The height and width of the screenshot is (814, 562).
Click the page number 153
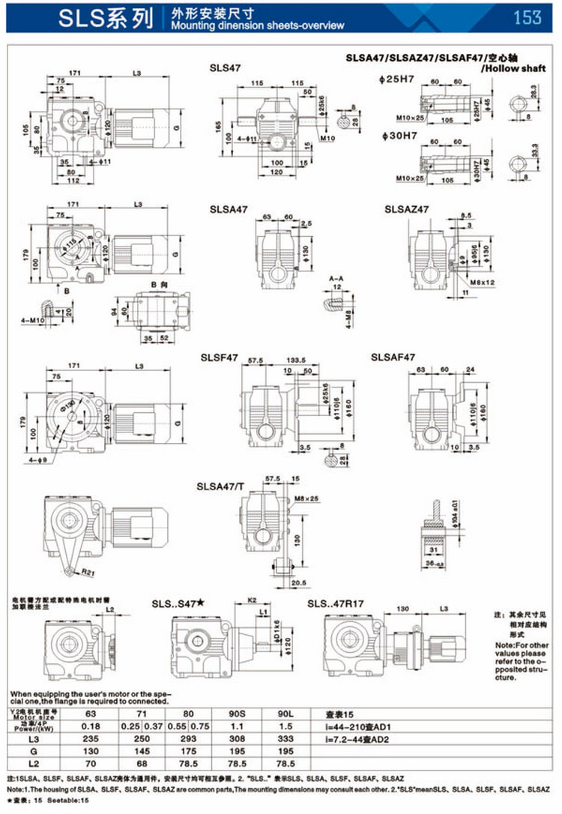[x=527, y=16]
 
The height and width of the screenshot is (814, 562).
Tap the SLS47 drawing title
[x=225, y=67]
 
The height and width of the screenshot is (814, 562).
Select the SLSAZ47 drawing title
[x=407, y=208]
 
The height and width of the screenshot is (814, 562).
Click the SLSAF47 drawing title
[x=393, y=357]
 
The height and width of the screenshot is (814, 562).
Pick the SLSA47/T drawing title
[x=220, y=486]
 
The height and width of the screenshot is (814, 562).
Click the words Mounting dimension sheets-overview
[x=247, y=25]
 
